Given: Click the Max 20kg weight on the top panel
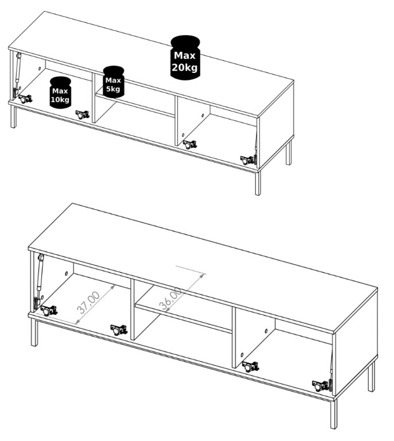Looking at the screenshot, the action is [x=186, y=57].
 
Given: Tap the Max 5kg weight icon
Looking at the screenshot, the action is [x=113, y=82].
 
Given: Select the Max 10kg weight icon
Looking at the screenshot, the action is [x=60, y=92].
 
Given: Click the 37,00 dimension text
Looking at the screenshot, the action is [x=88, y=303].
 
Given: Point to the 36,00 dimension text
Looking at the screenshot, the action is [x=171, y=299].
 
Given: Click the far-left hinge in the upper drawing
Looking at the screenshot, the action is [x=25, y=99].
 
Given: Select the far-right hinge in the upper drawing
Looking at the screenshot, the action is [x=248, y=160].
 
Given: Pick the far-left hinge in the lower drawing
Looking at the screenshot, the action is [x=49, y=310].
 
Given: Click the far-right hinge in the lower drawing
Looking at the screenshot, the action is [x=321, y=386].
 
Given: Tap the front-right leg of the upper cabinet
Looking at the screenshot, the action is [x=258, y=183].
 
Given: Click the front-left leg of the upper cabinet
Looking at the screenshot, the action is [x=13, y=117].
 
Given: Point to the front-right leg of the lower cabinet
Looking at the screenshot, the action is [x=334, y=415].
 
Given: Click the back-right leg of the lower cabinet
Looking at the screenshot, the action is [x=372, y=377].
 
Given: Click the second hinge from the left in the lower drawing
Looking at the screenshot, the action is [x=119, y=330].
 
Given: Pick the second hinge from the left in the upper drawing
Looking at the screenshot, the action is [x=82, y=114].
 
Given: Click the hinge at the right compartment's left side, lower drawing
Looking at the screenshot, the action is [x=250, y=366].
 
